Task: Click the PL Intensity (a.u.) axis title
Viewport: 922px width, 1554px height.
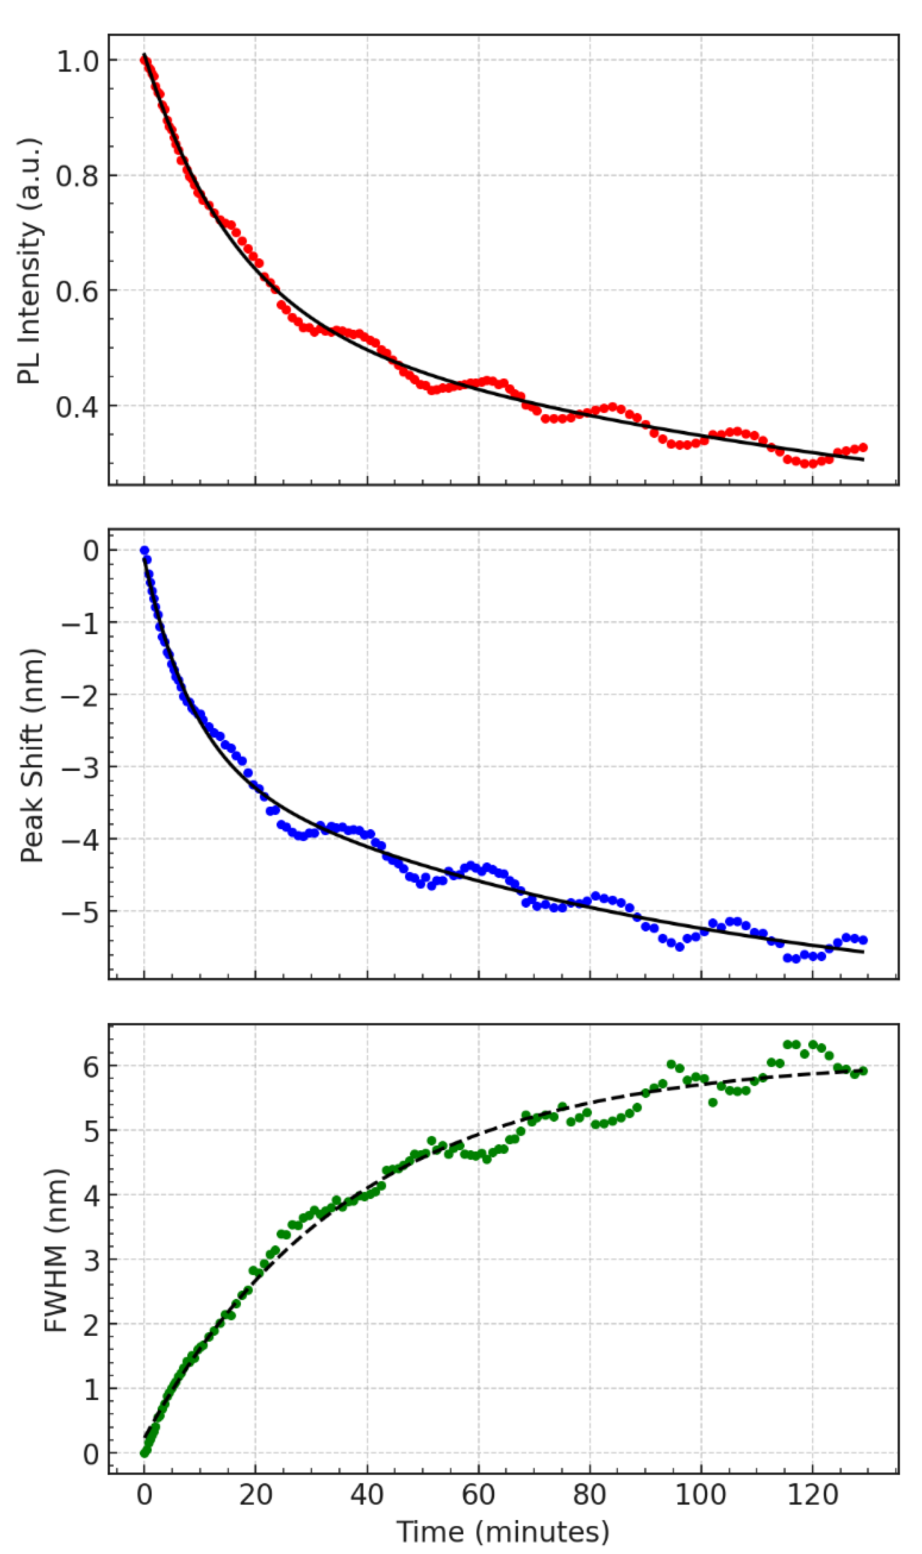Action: (x=29, y=261)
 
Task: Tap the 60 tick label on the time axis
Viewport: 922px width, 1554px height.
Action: (x=478, y=1494)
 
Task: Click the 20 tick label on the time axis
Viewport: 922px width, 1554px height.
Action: (x=255, y=1494)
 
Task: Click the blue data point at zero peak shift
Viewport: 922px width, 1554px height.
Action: (x=145, y=551)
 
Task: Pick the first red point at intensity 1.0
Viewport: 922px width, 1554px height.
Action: (x=144, y=60)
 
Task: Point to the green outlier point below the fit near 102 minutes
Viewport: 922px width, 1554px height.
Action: (x=713, y=1102)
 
